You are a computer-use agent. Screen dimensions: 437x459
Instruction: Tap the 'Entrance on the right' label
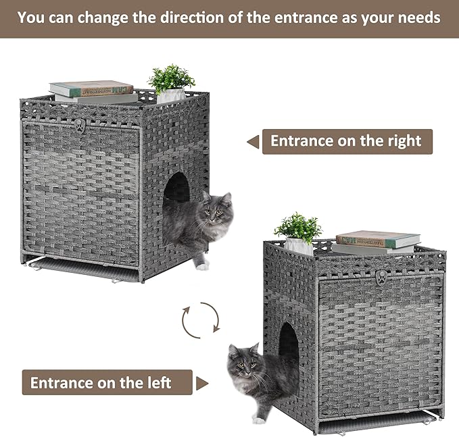click(x=346, y=141)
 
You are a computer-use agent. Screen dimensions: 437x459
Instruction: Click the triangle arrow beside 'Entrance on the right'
click(x=253, y=142)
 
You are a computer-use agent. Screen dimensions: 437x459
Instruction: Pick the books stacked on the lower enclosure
click(x=377, y=242)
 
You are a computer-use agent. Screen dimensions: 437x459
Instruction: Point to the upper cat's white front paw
click(x=202, y=266)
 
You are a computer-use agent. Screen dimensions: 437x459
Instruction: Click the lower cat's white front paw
click(x=259, y=419)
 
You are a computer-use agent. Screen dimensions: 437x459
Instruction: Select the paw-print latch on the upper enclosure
click(x=80, y=125)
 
